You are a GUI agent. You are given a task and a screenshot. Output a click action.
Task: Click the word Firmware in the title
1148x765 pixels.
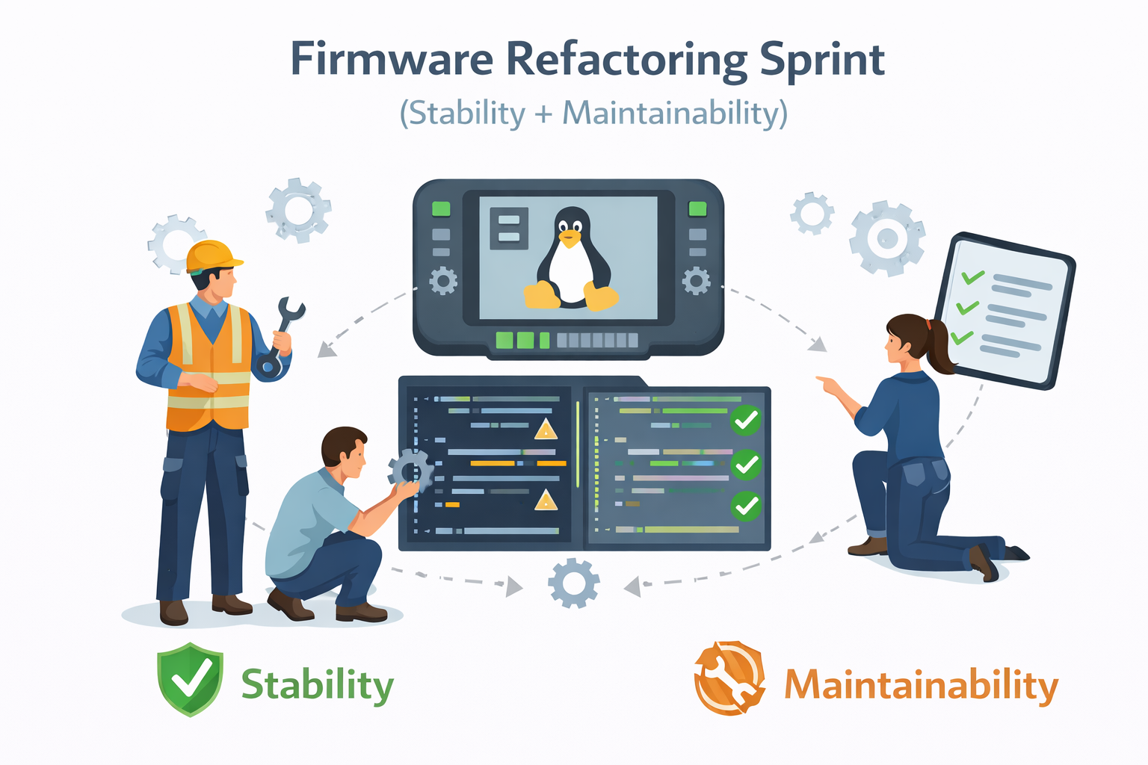tap(392, 60)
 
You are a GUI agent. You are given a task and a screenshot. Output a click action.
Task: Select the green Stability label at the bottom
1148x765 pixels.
tap(317, 684)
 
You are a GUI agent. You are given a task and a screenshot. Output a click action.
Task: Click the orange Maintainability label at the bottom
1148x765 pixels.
tap(921, 684)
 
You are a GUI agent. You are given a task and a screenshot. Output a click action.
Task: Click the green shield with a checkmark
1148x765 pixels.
tap(190, 678)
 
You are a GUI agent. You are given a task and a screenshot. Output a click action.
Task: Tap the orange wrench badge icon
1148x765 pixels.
tap(729, 678)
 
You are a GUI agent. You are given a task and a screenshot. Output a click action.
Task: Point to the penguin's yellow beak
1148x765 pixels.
tap(570, 240)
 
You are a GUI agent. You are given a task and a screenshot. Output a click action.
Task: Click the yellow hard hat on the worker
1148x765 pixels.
tap(212, 255)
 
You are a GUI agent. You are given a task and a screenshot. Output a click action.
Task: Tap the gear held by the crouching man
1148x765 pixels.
tap(410, 471)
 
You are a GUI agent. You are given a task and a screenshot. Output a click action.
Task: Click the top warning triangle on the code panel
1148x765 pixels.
tap(546, 430)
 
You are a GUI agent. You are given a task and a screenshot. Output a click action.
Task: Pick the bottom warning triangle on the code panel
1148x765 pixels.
tap(546, 501)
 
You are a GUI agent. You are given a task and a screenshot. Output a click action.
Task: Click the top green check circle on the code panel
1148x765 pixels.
tap(745, 421)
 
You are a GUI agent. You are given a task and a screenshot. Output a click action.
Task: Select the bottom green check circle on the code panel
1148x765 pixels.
tap(745, 507)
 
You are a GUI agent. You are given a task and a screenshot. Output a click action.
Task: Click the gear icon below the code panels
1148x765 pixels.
tap(573, 583)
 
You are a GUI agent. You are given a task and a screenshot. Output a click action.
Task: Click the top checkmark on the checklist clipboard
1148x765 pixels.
tap(972, 277)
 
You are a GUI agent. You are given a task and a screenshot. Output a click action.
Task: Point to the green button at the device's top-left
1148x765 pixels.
tap(441, 208)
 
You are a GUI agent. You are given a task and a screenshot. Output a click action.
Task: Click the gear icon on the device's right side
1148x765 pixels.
tap(697, 281)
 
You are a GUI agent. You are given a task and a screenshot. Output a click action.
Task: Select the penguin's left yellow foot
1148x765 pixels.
tap(542, 295)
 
